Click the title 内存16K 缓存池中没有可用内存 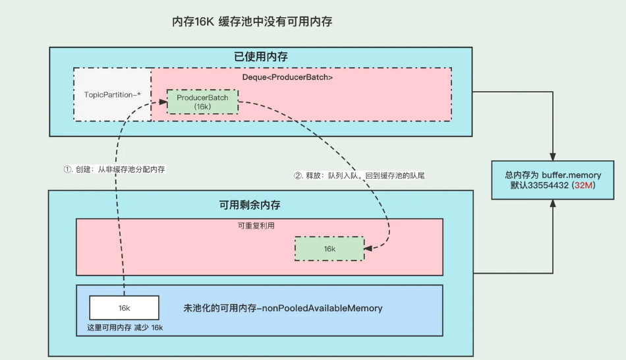click(252, 22)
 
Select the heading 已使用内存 click(261, 57)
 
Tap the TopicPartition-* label click(112, 94)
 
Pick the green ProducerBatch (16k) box click(202, 102)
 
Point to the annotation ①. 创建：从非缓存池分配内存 click(114, 169)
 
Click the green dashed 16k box click(329, 249)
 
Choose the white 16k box click(124, 308)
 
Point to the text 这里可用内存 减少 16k click(125, 328)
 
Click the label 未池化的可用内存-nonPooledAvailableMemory click(283, 308)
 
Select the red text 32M click(584, 186)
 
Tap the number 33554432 click(546, 186)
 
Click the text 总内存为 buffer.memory click(553, 175)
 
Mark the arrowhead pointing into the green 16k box click(368, 249)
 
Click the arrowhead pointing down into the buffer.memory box click(553, 156)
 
